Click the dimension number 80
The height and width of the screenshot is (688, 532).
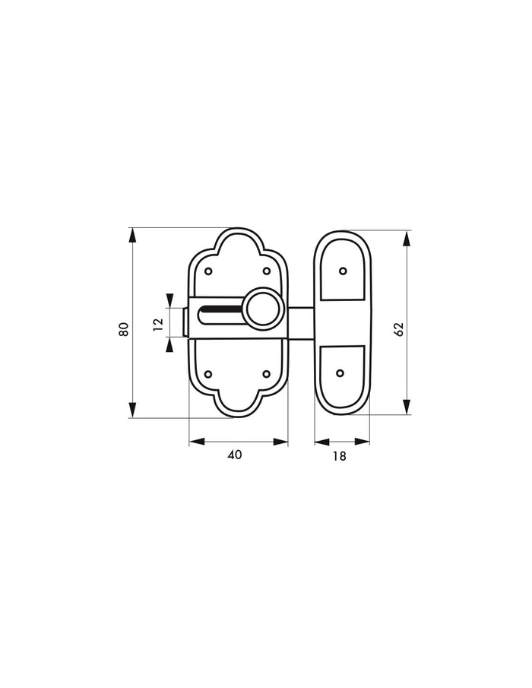tap(124, 329)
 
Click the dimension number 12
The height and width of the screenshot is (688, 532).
tap(158, 323)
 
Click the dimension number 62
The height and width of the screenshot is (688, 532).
tap(399, 329)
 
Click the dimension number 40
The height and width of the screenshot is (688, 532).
tap(235, 455)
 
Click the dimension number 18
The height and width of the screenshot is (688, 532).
tap(339, 456)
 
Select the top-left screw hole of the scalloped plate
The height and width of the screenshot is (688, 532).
tap(209, 271)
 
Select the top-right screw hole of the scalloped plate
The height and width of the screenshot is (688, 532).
tap(266, 271)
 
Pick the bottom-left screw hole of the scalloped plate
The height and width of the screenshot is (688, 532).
tap(209, 374)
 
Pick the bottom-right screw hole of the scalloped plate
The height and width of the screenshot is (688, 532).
tap(266, 374)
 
